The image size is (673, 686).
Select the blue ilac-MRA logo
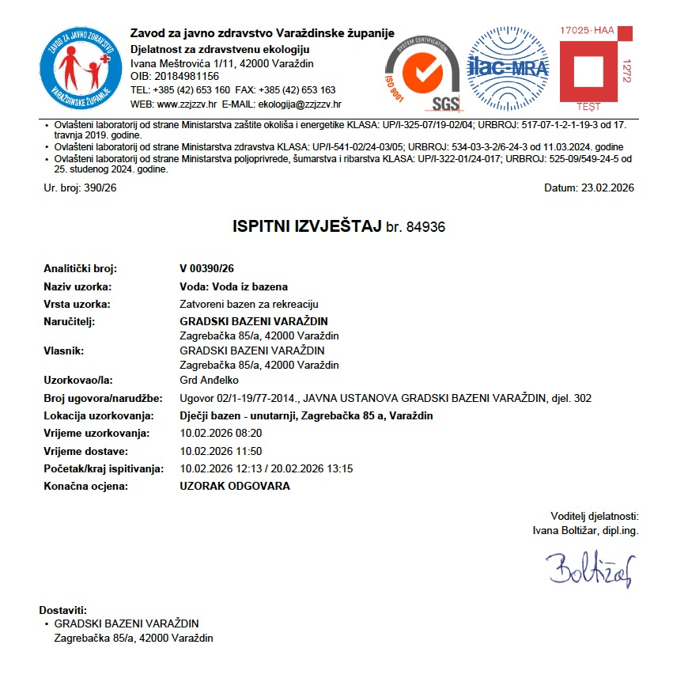[x=508, y=68]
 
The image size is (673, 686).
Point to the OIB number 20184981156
[x=186, y=76]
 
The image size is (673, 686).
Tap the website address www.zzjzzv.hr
[x=187, y=104]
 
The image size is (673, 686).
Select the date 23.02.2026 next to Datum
[x=608, y=188]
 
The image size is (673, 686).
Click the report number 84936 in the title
[x=426, y=227]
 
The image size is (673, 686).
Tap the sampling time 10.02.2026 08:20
[x=221, y=433]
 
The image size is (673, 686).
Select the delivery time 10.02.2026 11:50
[x=221, y=451]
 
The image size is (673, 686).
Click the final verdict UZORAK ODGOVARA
[x=235, y=486]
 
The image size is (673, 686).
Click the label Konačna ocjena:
[x=85, y=486]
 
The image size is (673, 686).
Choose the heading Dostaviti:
[x=62, y=611]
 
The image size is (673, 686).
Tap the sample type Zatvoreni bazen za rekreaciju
[x=249, y=304]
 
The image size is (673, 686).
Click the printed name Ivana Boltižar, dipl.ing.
[x=585, y=531]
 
